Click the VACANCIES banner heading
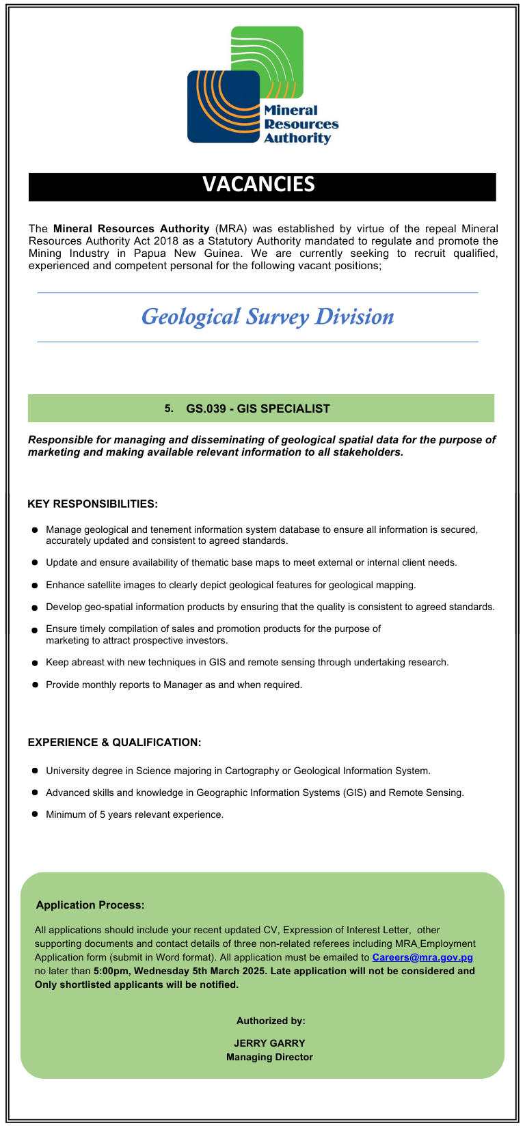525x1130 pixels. coord(258,184)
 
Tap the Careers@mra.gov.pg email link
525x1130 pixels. coord(422,957)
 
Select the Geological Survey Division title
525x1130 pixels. coord(267,316)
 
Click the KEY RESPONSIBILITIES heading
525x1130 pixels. coord(92,504)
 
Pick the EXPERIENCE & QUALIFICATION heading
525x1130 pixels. coord(114,743)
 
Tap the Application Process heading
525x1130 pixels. coord(90,905)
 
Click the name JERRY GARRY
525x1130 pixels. coord(269,1043)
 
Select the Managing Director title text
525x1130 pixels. coord(269,1057)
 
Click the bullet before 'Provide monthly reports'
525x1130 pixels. coord(34,685)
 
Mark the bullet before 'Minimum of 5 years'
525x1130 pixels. coord(34,814)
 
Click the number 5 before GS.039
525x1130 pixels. coord(167,409)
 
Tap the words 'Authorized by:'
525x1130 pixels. coord(271,1021)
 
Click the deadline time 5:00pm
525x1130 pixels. coord(111,971)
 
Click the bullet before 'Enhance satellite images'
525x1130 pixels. coord(34,585)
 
